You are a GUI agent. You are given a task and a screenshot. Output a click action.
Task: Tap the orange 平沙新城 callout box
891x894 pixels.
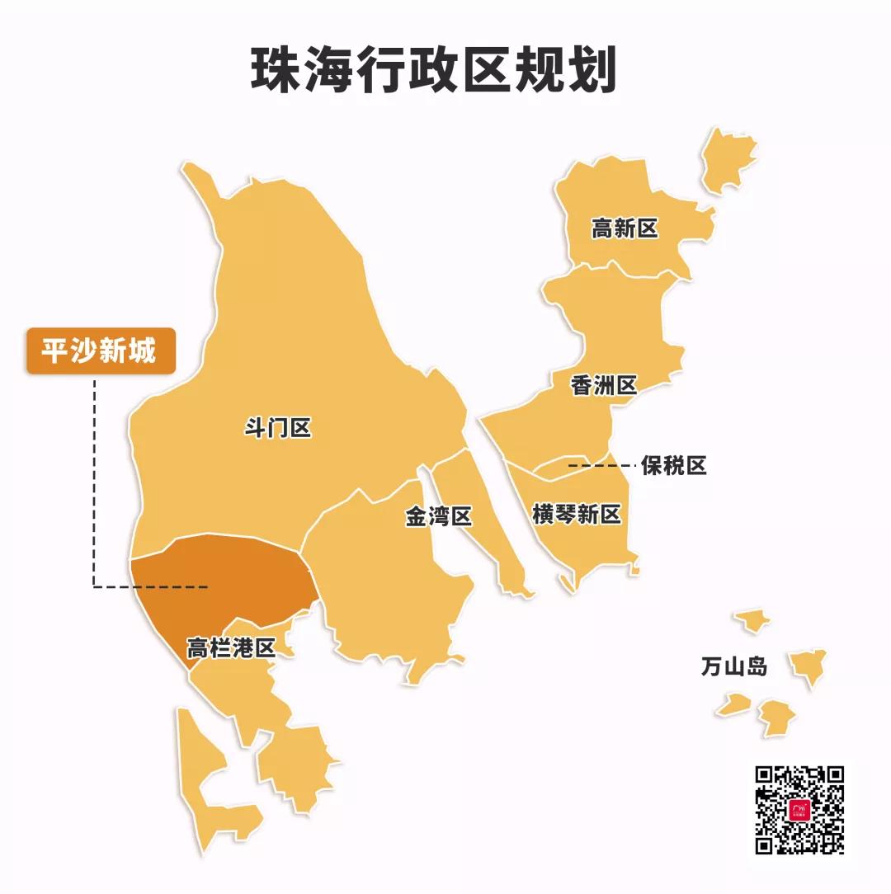pos(101,352)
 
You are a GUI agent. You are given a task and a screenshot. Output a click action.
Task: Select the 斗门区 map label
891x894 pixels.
pos(278,428)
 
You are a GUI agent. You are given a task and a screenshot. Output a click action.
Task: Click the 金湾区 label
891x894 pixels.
pos(438,517)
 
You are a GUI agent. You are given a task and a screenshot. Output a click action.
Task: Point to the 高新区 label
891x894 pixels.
pos(625,228)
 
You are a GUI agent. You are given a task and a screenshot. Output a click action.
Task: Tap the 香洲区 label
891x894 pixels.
pos(604,385)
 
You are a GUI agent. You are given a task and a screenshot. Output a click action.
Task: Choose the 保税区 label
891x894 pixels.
pos(674,466)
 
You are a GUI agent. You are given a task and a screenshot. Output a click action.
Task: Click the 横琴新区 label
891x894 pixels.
pos(576,515)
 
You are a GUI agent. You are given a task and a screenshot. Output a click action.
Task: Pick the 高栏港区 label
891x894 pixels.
pos(230,648)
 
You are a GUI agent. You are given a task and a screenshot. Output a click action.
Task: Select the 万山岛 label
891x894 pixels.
pos(733,666)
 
